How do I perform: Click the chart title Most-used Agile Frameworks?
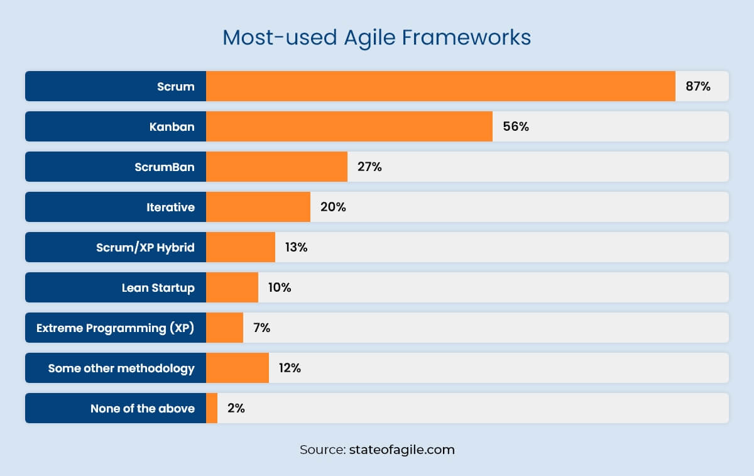[376, 37]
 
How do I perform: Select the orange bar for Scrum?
[440, 86]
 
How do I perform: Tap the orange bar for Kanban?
[349, 126]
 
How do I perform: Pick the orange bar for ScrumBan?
[276, 167]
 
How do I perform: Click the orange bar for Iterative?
[258, 207]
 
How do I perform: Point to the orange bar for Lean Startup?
[232, 287]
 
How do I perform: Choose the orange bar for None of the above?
[212, 408]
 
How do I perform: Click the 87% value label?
[698, 87]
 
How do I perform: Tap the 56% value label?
[516, 127]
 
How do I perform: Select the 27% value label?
[369, 167]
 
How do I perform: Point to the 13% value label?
[296, 248]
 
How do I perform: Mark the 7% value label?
[261, 328]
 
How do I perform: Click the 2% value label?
[236, 408]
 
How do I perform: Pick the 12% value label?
[290, 368]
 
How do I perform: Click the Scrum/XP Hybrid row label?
[145, 248]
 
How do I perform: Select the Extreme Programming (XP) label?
[116, 328]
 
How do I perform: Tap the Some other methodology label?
[121, 368]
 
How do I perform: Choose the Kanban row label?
[172, 127]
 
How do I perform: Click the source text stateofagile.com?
[377, 450]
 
